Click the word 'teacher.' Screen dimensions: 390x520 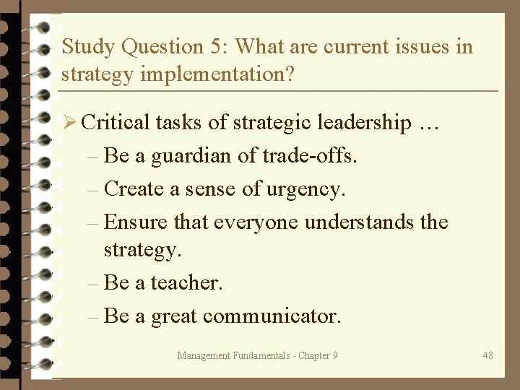(x=187, y=282)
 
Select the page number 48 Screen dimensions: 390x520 (x=488, y=355)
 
